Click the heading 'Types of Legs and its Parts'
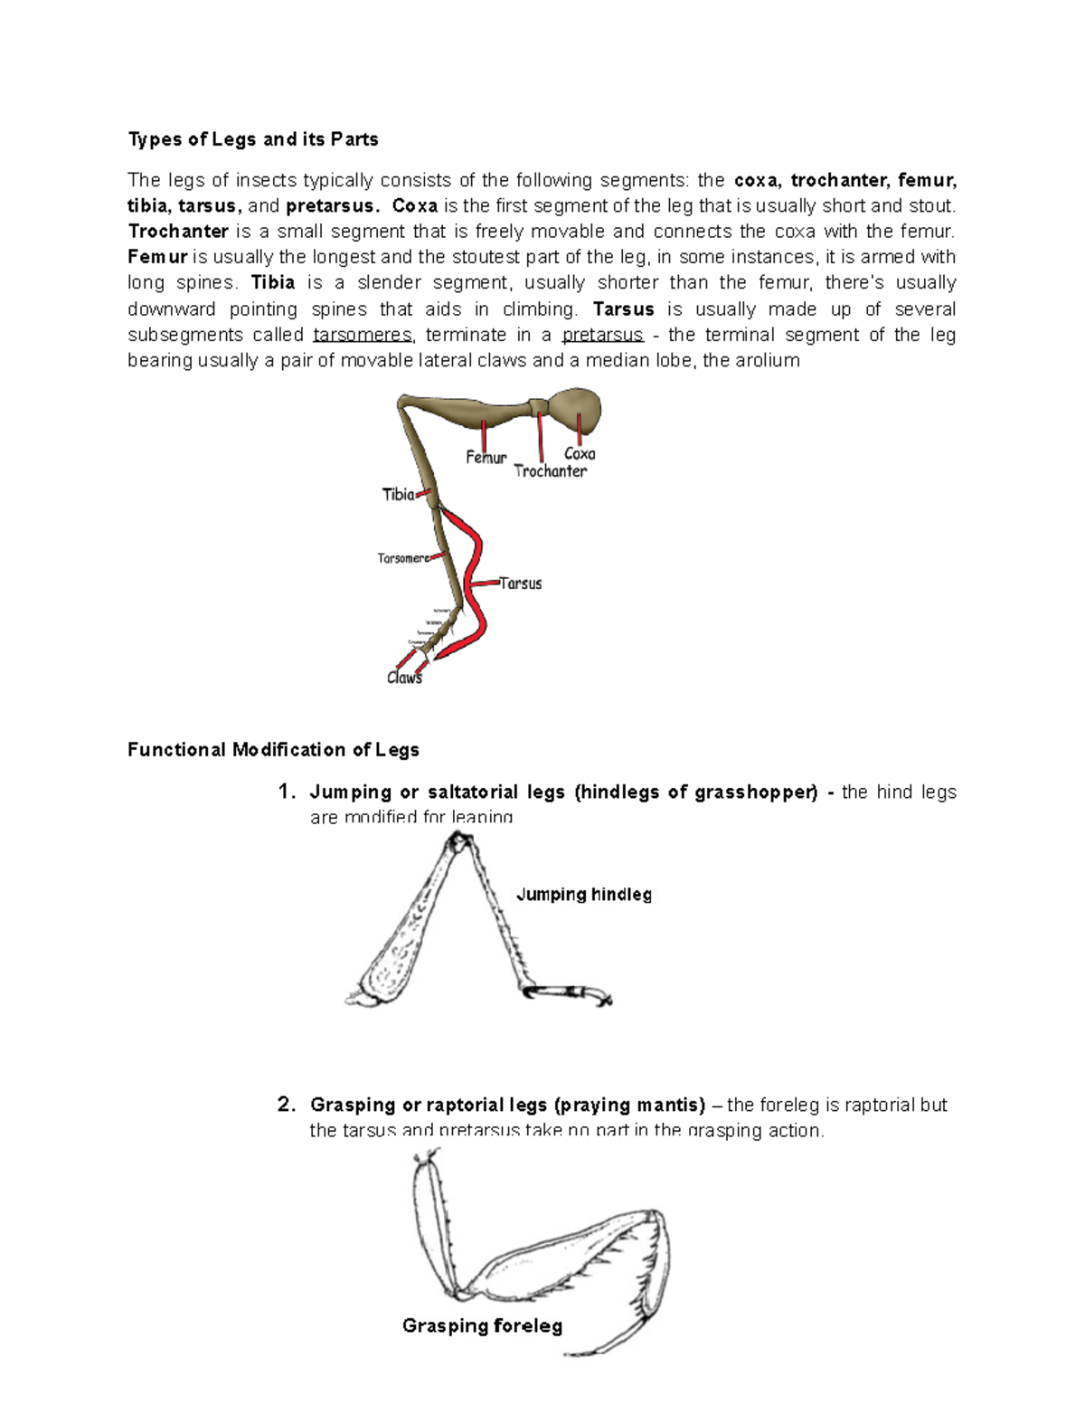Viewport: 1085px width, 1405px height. point(252,139)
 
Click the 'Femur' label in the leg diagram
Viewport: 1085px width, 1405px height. point(486,458)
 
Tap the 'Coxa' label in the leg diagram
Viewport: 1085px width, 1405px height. point(580,454)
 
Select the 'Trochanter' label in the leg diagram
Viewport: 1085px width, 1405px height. point(550,471)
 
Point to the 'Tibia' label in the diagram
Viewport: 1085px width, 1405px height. point(398,495)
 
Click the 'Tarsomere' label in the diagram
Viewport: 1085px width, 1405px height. point(403,558)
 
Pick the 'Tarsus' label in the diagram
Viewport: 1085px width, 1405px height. point(521,584)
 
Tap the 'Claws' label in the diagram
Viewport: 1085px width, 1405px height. point(404,678)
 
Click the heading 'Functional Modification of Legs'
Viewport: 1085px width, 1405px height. point(273,750)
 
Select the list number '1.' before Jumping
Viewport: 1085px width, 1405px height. point(286,793)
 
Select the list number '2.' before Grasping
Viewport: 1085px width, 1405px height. point(286,1105)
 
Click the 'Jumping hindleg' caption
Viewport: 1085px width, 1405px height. point(583,895)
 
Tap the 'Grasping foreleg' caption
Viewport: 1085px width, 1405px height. point(482,1326)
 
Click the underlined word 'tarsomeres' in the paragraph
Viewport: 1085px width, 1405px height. point(363,335)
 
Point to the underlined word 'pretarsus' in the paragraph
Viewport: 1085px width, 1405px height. point(602,335)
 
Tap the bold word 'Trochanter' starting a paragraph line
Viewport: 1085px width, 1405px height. point(177,231)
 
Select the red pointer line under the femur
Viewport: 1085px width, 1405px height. point(486,433)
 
